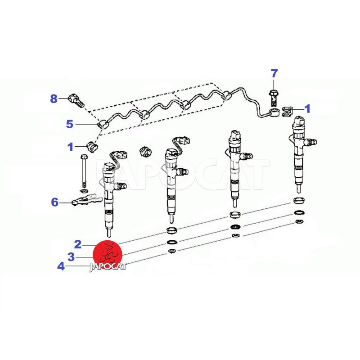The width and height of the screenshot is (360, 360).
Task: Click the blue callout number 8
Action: (54, 99)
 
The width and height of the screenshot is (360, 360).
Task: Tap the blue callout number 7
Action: (274, 74)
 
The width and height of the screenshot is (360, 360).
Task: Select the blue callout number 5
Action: (70, 124)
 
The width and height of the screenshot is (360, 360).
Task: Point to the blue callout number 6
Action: (54, 202)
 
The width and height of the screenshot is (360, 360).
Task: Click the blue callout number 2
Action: (78, 244)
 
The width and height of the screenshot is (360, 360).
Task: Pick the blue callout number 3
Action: (71, 257)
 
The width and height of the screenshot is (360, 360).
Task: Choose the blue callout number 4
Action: (61, 266)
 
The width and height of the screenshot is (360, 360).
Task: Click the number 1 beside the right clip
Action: (307, 109)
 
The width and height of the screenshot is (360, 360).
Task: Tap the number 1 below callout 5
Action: (71, 147)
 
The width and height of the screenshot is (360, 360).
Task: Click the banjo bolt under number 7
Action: (274, 98)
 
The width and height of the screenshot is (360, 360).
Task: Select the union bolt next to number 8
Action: (76, 101)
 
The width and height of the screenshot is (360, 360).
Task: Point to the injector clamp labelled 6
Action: (86, 199)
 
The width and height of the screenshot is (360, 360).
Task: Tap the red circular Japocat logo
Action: (108, 255)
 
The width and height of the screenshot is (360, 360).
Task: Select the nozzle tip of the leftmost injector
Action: (109, 232)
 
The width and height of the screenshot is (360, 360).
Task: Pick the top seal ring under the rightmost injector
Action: (299, 200)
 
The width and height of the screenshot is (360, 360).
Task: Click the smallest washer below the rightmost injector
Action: (299, 221)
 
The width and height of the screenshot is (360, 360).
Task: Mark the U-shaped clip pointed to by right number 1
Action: (287, 111)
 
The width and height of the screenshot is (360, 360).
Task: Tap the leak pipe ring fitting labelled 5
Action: (103, 125)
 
